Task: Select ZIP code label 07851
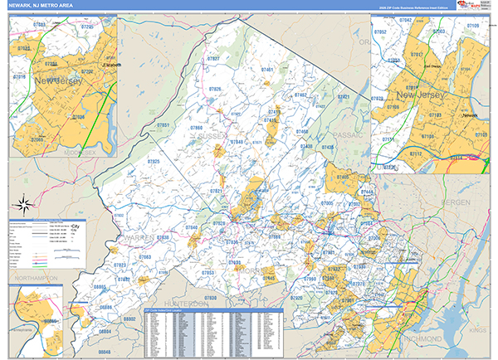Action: (x=164, y=125)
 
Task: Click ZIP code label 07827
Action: (x=213, y=60)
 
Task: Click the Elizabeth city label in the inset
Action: (x=110, y=65)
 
